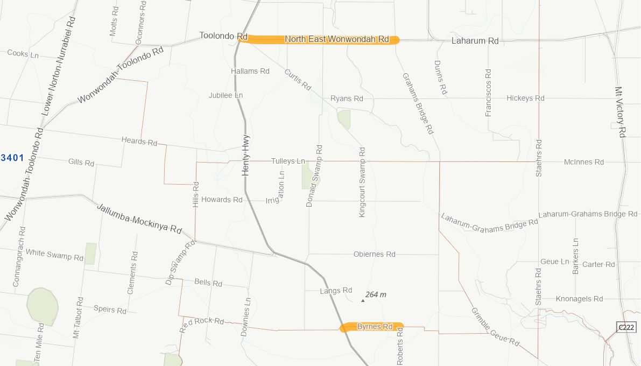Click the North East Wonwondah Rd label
point(336,39)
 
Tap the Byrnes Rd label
point(375,327)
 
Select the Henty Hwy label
point(246,155)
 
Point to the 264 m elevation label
point(376,295)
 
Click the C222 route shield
point(626,327)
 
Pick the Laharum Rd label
point(475,41)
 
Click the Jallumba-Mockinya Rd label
point(139,217)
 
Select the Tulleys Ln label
point(288,161)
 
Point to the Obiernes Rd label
point(374,254)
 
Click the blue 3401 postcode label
point(12,158)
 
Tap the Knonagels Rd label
point(579,299)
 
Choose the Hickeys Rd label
point(525,98)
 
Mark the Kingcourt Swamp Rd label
point(362,181)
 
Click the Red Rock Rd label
point(201,325)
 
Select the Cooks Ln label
point(23,54)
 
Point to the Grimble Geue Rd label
point(495,327)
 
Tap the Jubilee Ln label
point(226,95)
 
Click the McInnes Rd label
point(584,162)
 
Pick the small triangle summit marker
point(363,300)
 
